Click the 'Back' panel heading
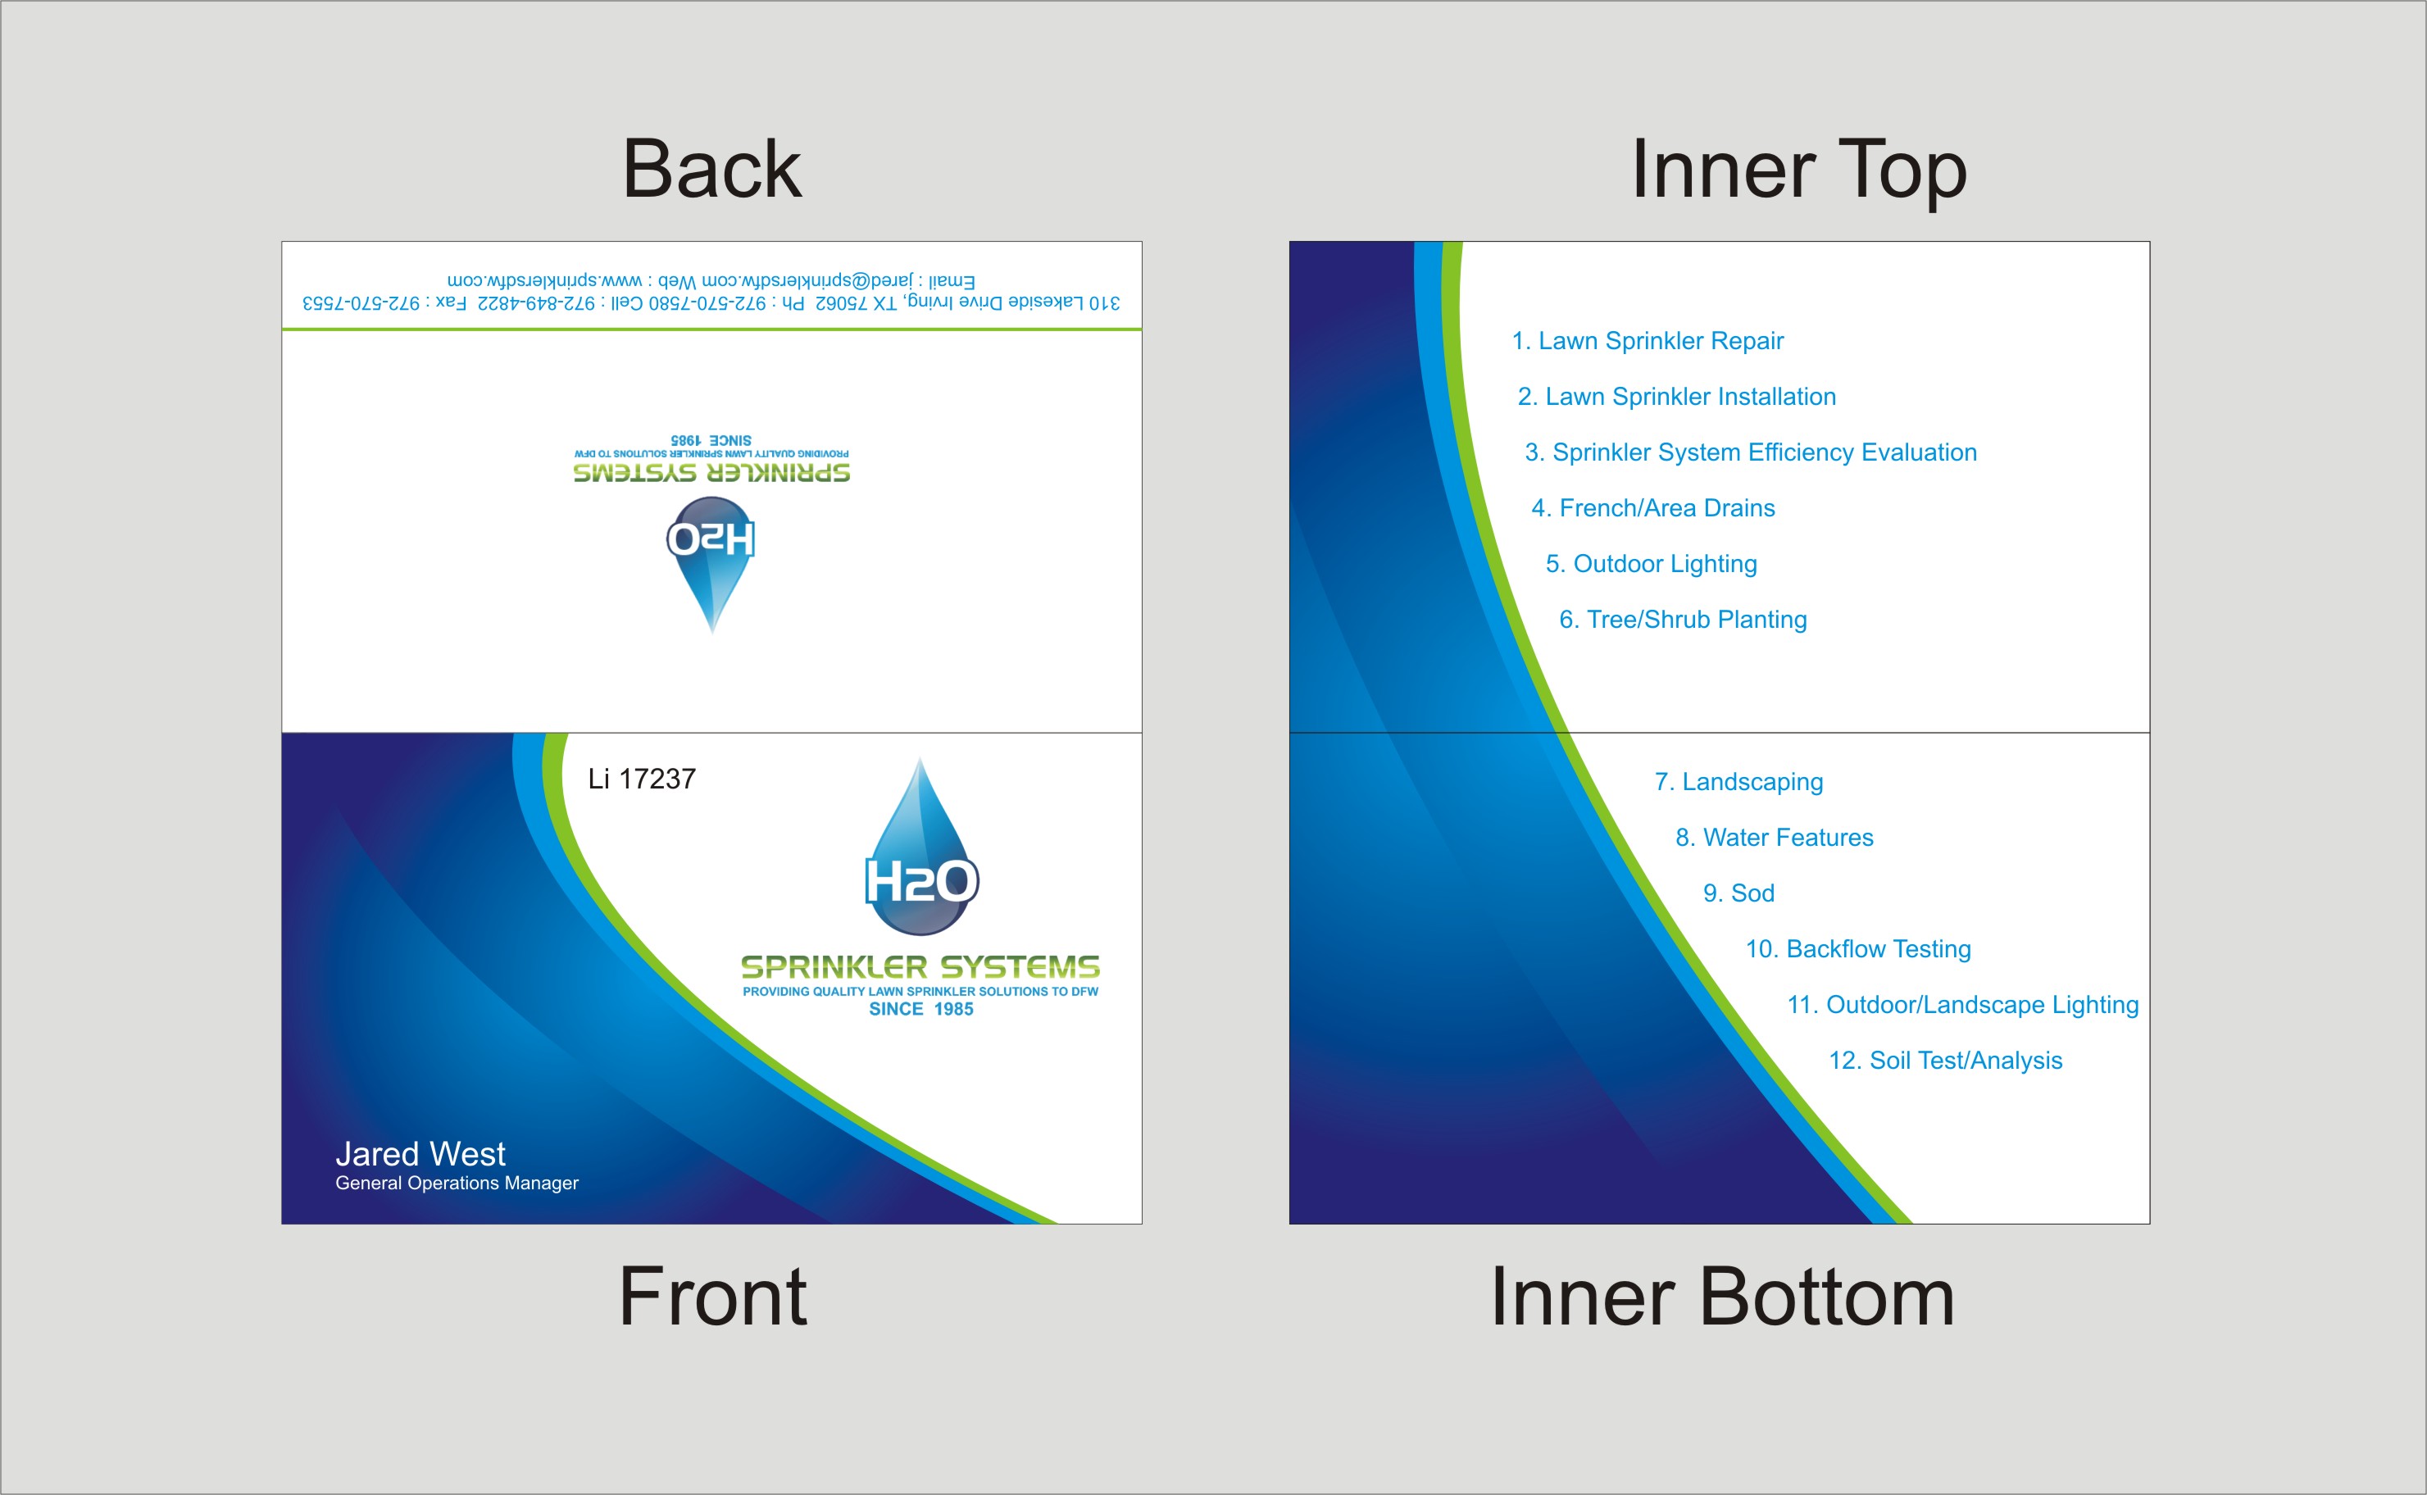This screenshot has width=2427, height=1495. tap(711, 169)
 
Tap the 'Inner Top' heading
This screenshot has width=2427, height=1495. tap(1799, 170)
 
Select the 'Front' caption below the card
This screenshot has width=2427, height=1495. tap(711, 1297)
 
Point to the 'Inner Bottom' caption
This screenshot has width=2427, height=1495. tap(1722, 1297)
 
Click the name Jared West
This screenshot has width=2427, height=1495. tap(420, 1154)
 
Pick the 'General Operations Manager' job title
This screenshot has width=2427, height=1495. tap(457, 1184)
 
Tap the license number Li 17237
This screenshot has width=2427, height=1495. tap(642, 779)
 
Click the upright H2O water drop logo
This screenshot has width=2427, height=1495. tap(921, 847)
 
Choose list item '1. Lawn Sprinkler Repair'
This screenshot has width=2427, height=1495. tap(1648, 341)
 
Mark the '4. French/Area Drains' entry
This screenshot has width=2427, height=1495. tap(1653, 508)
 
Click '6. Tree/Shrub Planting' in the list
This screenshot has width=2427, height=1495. tap(1683, 620)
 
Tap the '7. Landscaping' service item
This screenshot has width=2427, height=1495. tap(1739, 782)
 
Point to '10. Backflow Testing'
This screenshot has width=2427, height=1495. tap(1858, 949)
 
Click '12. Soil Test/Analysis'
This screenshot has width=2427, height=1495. tap(1946, 1061)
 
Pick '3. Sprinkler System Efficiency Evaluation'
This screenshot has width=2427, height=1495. tap(1751, 453)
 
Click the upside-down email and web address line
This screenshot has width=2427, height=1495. tap(711, 281)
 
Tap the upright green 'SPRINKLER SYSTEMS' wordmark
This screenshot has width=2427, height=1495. tap(920, 967)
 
